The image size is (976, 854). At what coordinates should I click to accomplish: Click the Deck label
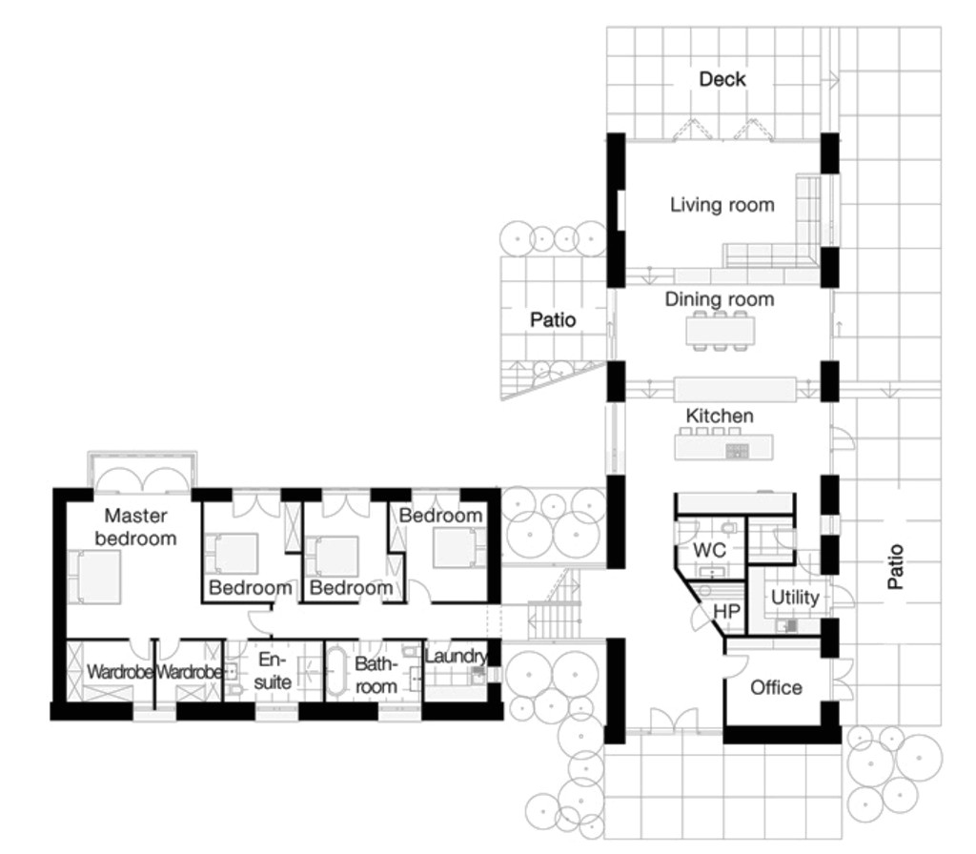722,79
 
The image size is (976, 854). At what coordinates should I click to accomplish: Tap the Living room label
722,205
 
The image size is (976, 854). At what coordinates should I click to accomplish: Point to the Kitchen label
720,417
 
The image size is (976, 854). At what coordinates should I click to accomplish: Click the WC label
709,551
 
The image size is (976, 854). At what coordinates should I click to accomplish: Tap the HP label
727,609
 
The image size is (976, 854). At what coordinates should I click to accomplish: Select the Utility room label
794,598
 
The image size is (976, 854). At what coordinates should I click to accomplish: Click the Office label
776,687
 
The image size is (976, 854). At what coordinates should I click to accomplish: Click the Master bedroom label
135,527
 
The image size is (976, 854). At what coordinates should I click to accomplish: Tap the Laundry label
455,657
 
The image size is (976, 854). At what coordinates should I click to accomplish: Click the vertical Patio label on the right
895,566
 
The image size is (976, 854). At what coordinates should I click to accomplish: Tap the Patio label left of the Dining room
553,320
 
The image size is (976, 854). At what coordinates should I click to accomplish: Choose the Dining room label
720,299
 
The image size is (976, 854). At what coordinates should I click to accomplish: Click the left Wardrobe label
120,672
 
